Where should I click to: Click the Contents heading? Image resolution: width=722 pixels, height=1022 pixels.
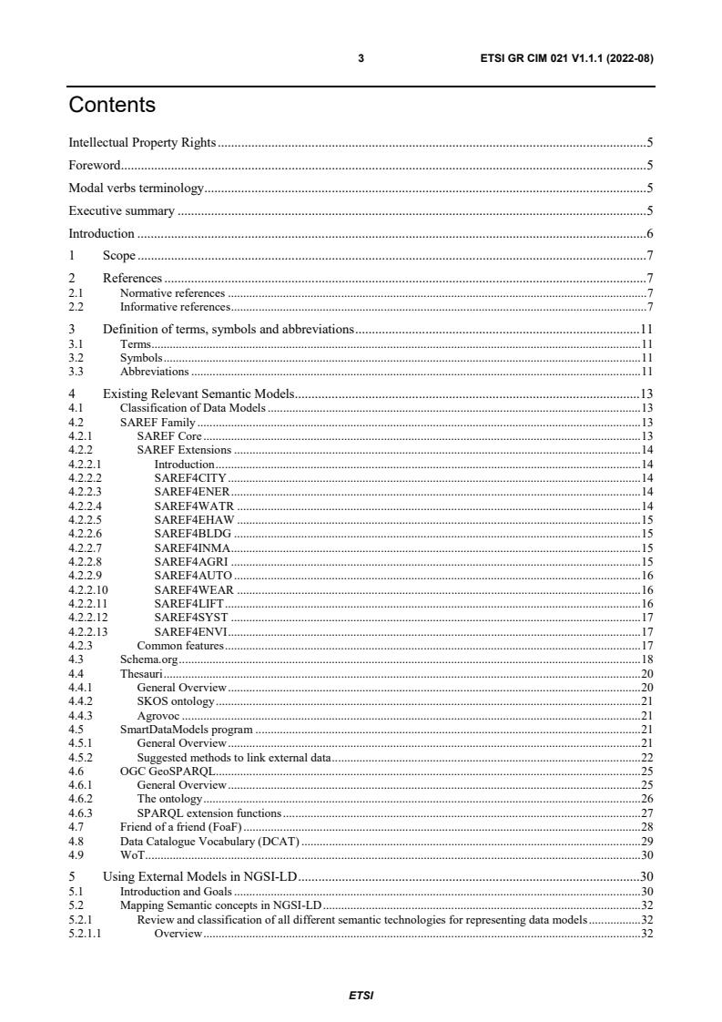pyautogui.click(x=112, y=106)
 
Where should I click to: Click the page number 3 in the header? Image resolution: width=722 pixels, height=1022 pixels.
pyautogui.click(x=361, y=58)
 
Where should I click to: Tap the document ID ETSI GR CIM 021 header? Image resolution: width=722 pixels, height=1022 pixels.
pyautogui.click(x=566, y=58)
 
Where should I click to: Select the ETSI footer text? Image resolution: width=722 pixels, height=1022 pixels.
pyautogui.click(x=361, y=996)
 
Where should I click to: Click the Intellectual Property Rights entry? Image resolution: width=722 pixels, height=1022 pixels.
pyautogui.click(x=143, y=142)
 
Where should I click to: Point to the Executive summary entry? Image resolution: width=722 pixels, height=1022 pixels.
pyautogui.click(x=122, y=210)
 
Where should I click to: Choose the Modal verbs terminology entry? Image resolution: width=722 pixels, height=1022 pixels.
pyautogui.click(x=137, y=188)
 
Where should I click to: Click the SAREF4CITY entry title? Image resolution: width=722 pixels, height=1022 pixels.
pyautogui.click(x=190, y=477)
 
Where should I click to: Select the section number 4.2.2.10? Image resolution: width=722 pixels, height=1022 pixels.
pyautogui.click(x=88, y=590)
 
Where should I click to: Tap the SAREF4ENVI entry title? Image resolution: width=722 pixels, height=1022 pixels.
pyautogui.click(x=190, y=631)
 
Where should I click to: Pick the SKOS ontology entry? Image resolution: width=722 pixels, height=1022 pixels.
pyautogui.click(x=176, y=700)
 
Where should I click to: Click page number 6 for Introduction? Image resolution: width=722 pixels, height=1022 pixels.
pyautogui.click(x=650, y=233)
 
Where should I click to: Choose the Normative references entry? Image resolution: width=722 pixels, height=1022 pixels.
pyautogui.click(x=172, y=293)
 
